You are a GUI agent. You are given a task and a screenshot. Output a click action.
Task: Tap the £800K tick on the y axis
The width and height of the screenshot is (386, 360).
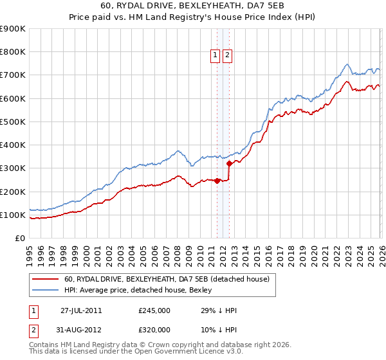(13, 52)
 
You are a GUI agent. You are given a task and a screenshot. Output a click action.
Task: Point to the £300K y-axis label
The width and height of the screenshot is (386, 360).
(13, 168)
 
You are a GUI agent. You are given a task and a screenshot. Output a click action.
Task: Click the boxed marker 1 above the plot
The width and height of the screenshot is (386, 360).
(215, 56)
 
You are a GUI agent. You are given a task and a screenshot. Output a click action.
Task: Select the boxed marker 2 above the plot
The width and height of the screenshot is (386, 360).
(228, 56)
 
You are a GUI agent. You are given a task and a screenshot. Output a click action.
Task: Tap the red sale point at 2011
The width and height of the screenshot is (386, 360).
(217, 181)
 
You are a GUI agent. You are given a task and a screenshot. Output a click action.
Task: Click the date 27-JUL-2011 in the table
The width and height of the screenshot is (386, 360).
(81, 310)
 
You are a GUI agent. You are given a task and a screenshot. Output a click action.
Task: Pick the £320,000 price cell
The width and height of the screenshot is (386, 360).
(154, 330)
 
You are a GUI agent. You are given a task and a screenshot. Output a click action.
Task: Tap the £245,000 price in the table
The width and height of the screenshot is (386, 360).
(154, 310)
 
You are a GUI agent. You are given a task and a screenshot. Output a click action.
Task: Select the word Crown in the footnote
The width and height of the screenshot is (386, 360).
(160, 345)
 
